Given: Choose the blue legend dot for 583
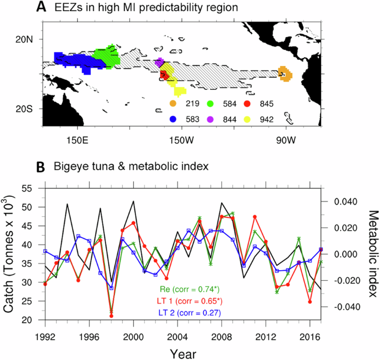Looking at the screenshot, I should click(173, 119).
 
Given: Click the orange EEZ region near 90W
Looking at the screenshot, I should click(285, 74).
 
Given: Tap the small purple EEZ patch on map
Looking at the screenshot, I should click(160, 62).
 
